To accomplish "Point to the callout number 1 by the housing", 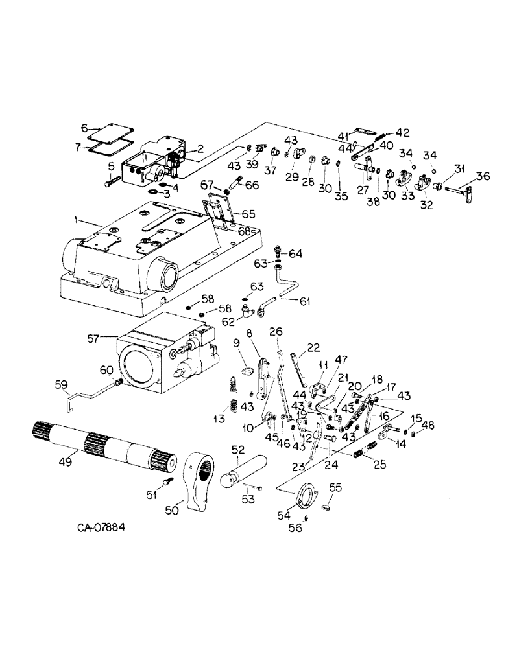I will tap(77, 221).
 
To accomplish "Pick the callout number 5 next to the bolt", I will tap(112, 167).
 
